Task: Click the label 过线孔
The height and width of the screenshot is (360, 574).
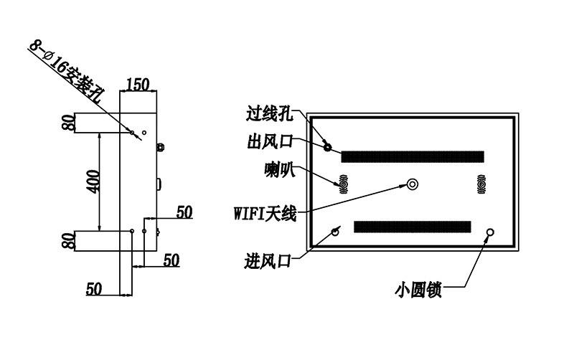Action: coord(270,113)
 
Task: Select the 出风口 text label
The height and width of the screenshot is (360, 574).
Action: coord(270,141)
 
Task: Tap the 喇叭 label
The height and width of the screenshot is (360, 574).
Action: coord(280,170)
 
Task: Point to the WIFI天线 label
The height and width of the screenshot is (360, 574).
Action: coord(265,213)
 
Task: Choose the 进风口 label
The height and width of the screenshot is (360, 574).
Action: coord(268,261)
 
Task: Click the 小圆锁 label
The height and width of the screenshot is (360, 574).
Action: coord(418,290)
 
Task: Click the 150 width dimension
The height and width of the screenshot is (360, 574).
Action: coord(138,85)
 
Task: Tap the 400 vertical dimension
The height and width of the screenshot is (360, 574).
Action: coord(93,181)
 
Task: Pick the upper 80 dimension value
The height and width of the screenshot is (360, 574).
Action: coord(68,123)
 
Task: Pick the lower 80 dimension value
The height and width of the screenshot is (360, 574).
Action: coord(68,241)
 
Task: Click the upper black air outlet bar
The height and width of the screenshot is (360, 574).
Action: coord(413,156)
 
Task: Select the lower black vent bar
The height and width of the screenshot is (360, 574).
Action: coord(412,227)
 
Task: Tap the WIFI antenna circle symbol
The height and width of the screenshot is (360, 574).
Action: coord(413,184)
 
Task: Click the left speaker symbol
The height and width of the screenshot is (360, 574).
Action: coord(344,184)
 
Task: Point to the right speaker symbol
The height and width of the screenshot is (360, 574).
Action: coord(481,184)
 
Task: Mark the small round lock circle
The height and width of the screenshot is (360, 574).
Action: coord(490,232)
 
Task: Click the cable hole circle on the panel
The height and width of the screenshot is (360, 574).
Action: coord(328,148)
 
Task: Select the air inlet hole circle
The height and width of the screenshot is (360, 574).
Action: coord(335,232)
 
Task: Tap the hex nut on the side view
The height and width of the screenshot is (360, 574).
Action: coord(160,148)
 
